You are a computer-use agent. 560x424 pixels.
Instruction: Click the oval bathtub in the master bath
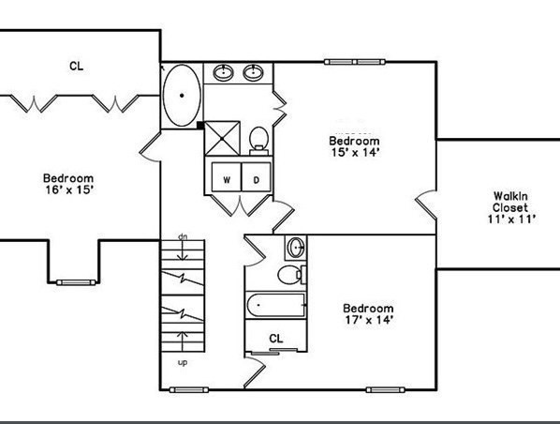182,95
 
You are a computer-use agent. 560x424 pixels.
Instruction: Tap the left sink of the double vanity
224,72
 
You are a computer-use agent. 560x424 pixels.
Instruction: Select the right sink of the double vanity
253,72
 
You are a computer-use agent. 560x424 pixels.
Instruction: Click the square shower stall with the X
222,139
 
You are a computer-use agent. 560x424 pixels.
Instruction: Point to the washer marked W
227,177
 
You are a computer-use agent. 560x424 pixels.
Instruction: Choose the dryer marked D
257,177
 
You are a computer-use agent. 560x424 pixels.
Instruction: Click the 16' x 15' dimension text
69,189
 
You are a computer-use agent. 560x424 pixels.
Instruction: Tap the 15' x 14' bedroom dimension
355,152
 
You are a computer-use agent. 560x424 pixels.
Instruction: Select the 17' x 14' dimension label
369,320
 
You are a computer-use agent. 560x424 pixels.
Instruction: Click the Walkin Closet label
510,202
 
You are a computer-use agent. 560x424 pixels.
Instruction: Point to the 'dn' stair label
183,236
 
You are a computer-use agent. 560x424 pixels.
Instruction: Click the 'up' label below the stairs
183,362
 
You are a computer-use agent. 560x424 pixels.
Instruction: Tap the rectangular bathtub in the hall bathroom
275,305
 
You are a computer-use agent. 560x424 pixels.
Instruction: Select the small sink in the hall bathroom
296,248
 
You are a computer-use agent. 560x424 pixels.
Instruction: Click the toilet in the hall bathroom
292,275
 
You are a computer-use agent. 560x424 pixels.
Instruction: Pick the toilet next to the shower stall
258,141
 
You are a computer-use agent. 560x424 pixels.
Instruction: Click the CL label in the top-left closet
76,67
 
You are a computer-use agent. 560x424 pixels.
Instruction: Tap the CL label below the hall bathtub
275,338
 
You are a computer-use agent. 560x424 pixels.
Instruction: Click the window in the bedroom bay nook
76,282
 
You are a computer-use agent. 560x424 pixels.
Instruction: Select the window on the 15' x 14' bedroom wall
355,62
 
